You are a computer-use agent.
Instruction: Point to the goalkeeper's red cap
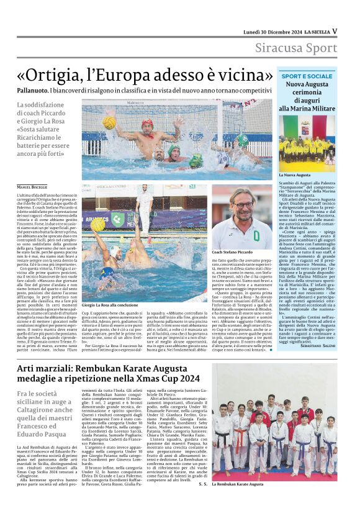coord(147,124)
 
